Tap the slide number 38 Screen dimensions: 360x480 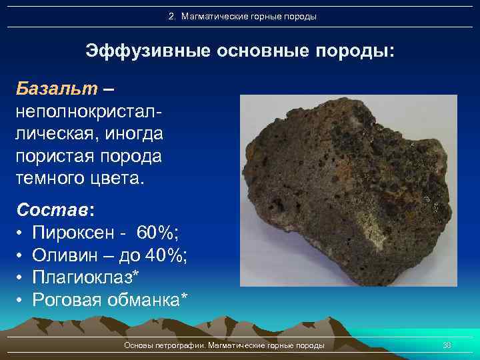[447, 345]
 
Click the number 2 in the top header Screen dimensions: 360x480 [171, 16]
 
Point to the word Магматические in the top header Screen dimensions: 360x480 [211, 16]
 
